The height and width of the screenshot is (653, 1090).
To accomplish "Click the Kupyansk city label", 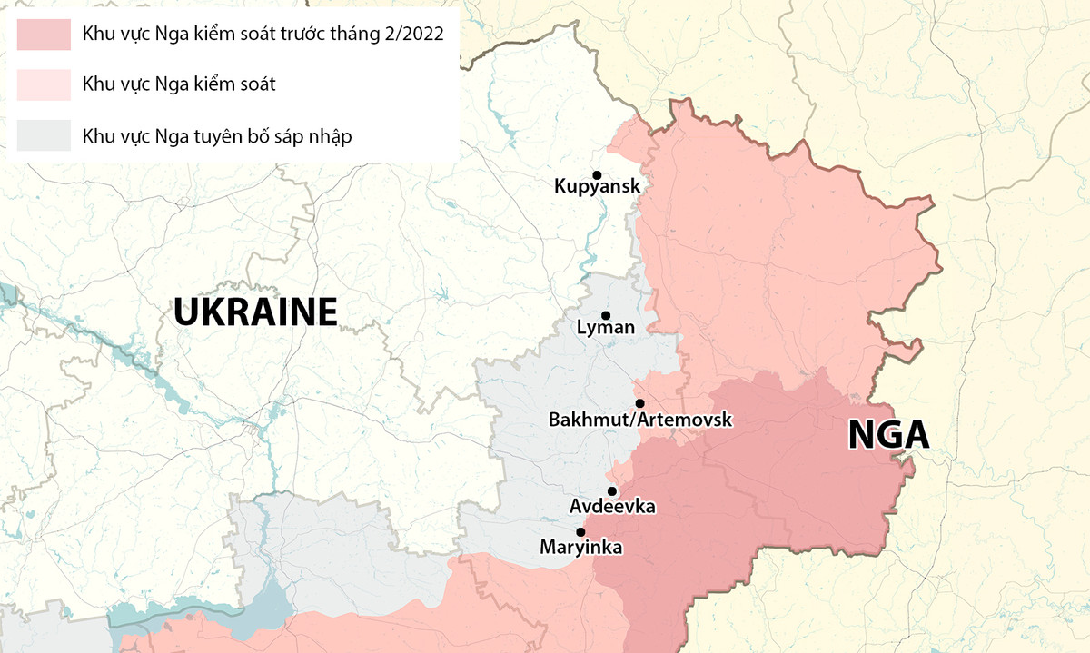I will coord(597,187).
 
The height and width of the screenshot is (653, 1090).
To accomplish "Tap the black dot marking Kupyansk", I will coord(597,174).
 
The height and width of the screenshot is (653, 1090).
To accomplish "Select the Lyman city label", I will coord(606,328).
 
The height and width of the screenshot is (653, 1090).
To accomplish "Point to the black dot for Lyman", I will coord(606,315).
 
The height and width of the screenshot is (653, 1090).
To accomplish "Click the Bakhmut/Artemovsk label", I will coord(639,420).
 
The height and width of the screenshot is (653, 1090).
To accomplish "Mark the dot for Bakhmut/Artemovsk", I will coord(639,403).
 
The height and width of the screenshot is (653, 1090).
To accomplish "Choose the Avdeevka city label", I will coord(612,506).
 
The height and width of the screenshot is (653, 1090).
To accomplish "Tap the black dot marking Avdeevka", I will coord(612,490).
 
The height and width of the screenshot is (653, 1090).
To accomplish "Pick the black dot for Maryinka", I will coord(580,532).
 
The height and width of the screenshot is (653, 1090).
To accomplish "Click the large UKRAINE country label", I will coord(255,312).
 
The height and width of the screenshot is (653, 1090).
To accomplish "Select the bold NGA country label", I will coord(888,435).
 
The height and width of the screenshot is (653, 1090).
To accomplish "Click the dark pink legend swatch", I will coord(43,35).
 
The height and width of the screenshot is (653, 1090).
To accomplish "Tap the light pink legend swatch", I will coord(43,84).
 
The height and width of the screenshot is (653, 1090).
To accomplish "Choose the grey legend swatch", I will coord(43,136).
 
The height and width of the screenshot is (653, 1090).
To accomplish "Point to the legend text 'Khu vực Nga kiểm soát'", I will coord(179,84).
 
